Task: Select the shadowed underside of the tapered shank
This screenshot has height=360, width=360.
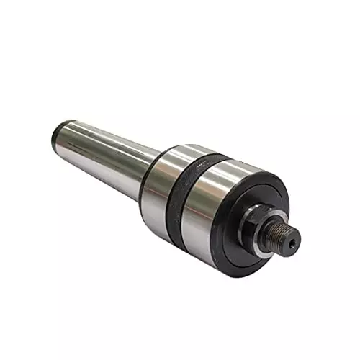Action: click(x=108, y=173)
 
